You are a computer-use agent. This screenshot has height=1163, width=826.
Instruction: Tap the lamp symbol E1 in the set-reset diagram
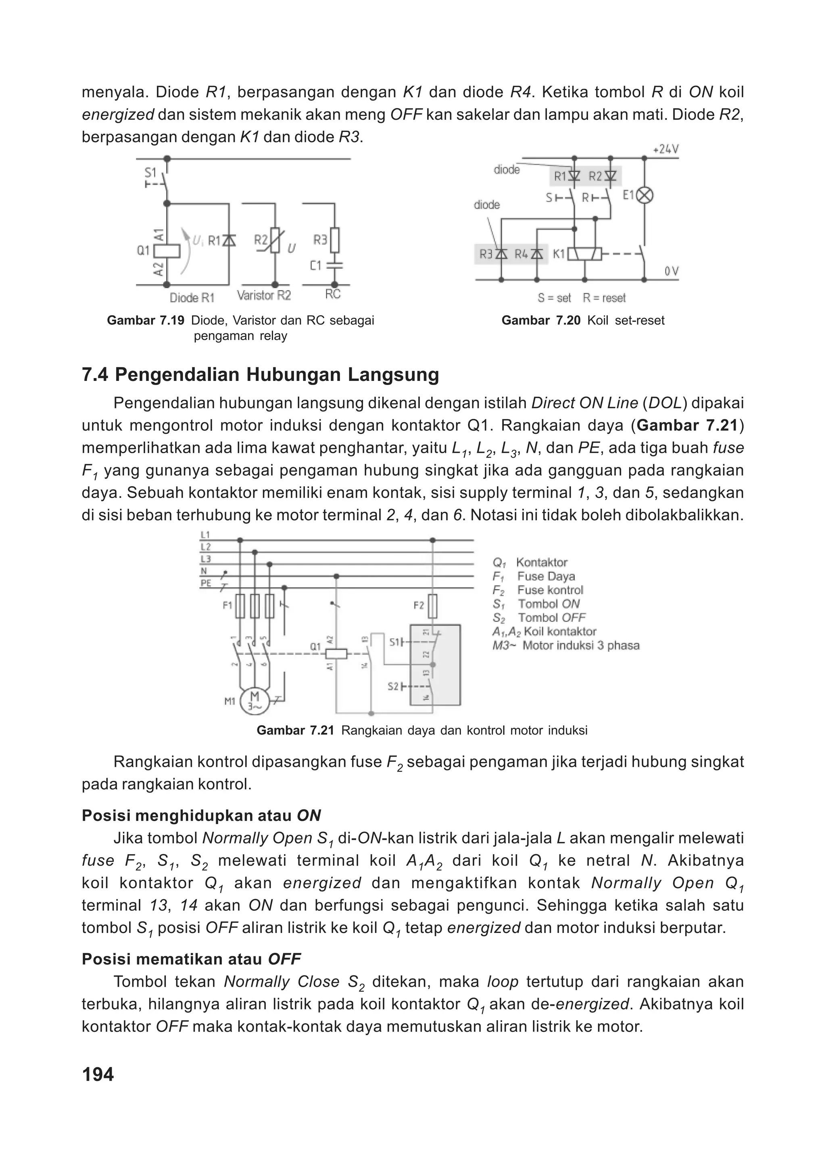[x=645, y=195]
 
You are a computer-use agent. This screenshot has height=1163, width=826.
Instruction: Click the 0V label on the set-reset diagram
[x=672, y=272]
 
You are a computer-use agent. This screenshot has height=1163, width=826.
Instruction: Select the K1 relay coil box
[x=584, y=254]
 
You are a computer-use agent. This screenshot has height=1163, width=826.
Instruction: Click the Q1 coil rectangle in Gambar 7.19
[x=167, y=250]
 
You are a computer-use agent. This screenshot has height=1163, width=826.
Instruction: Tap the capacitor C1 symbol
[x=334, y=265]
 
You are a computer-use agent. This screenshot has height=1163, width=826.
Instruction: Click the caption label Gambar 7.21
[x=295, y=730]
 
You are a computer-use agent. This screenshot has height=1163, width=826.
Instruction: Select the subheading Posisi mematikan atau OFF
[x=191, y=959]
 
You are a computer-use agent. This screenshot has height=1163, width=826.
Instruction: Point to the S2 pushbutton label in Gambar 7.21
[x=393, y=686]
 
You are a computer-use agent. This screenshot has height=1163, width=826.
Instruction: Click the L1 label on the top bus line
[x=205, y=535]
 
